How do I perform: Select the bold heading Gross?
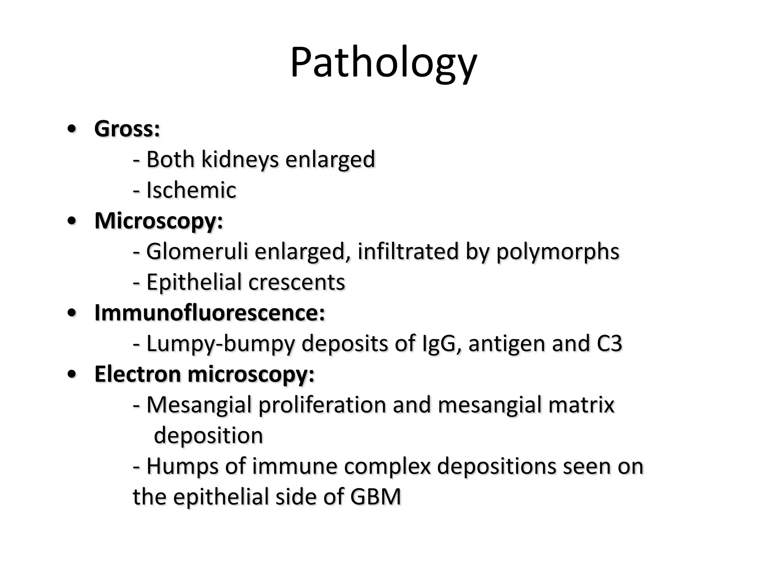coord(127,129)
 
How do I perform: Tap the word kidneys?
coord(240,159)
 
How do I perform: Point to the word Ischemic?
coord(191,190)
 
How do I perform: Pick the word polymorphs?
coord(558,252)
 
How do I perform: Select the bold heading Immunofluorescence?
coord(209,313)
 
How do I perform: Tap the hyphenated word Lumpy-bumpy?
coord(221,344)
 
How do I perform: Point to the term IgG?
coord(442,344)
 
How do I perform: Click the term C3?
coord(609,344)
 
